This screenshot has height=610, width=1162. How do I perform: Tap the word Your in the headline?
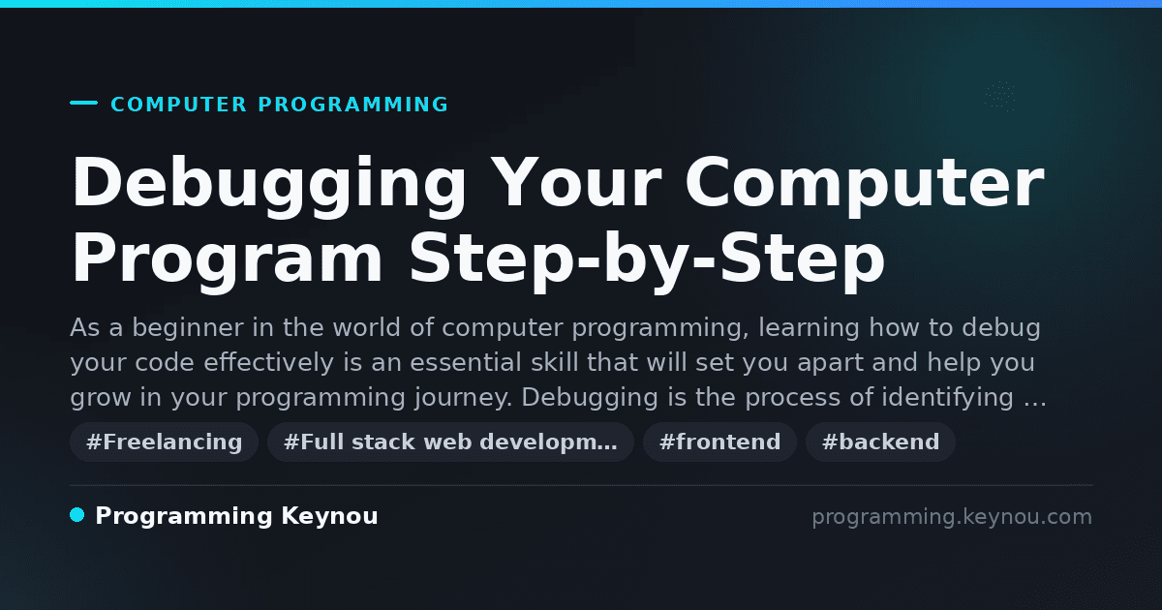pos(576,182)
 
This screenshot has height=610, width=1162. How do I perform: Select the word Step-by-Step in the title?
pos(647,262)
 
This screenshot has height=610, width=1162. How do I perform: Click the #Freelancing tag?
pos(164,442)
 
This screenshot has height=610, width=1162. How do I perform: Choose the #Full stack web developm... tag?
pos(450,442)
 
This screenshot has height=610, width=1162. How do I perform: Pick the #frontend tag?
pos(719,442)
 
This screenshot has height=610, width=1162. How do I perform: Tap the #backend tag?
pos(880,442)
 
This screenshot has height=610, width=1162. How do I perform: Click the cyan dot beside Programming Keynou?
pos(77,515)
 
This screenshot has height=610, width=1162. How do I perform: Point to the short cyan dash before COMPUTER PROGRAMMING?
pos(83,103)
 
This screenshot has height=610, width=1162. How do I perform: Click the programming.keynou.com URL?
pos(952,517)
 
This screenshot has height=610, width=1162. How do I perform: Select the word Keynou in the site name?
pos(329,517)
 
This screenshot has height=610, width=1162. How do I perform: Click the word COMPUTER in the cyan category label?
pos(179,105)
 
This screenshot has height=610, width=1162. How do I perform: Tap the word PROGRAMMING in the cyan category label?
pos(353,105)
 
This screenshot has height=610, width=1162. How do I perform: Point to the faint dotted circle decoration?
pos(1000,97)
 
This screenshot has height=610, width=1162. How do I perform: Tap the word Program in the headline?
pos(227,262)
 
